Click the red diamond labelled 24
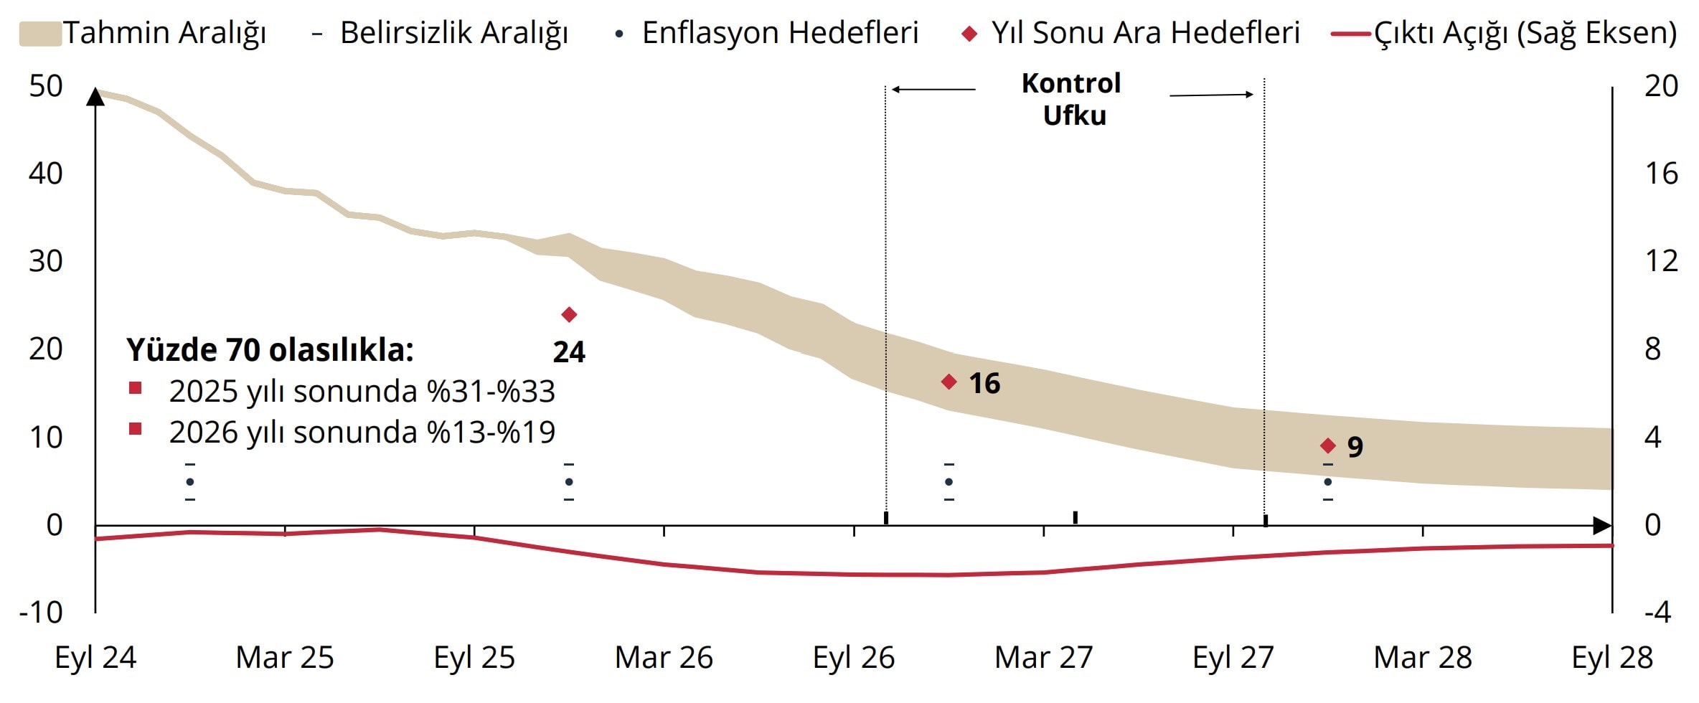coord(569,314)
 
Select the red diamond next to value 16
coord(949,382)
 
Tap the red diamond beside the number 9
coord(1328,445)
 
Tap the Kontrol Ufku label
coord(1073,99)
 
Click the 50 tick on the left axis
coord(46,86)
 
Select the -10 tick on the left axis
coord(42,613)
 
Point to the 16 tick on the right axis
coord(1661,174)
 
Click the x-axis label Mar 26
coord(664,657)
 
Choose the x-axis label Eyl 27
coord(1233,657)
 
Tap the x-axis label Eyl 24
coord(95,657)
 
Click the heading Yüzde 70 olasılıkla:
coord(270,350)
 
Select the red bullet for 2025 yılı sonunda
coord(135,389)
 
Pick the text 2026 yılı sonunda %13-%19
coord(362,432)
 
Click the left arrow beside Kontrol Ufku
coord(933,90)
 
